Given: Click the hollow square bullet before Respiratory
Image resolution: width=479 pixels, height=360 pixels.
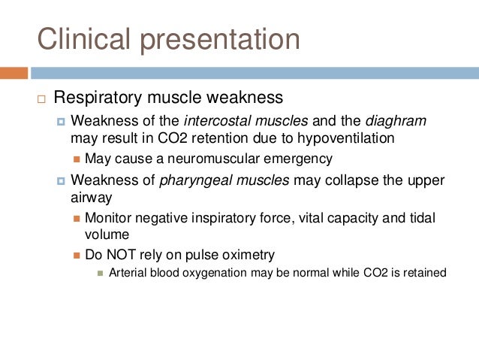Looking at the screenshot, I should (41, 98).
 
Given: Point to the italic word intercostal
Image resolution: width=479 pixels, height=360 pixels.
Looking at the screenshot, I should (217, 121).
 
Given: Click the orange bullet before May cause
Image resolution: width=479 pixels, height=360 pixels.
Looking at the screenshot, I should (77, 159).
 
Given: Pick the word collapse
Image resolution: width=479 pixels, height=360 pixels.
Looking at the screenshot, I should (363, 180).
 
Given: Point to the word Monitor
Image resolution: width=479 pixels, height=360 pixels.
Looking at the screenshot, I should (107, 217).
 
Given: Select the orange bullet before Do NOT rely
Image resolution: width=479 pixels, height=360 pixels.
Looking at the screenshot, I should (77, 254).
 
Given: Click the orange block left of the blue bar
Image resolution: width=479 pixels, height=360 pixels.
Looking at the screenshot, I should (14, 73).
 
